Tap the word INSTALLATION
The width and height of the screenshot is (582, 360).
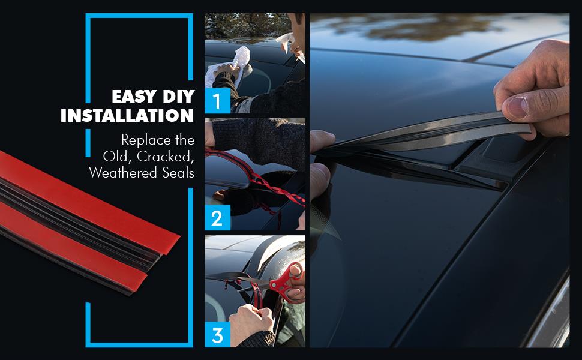127,115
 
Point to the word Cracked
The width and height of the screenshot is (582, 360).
165,157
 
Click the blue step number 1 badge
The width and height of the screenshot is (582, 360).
218,101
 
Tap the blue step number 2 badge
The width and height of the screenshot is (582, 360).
218,217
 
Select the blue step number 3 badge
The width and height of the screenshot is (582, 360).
218,334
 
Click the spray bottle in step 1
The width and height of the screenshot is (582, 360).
290,45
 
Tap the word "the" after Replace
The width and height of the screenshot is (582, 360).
185,140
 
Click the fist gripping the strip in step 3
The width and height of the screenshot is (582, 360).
251,321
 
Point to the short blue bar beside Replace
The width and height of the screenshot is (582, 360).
88,143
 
